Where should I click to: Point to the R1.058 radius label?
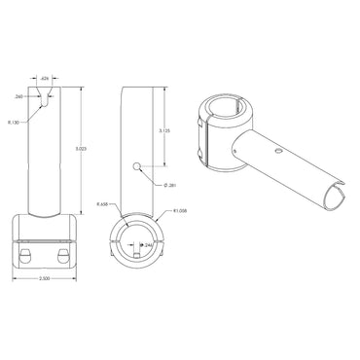[x=178, y=210]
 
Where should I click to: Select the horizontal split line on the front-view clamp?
[x=46, y=239]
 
